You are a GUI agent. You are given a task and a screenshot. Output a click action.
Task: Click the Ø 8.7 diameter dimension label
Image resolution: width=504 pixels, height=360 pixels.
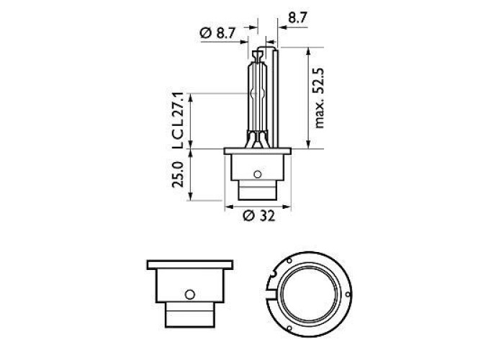218,33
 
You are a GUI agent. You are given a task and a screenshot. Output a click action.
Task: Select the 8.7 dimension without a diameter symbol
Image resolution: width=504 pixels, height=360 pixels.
297,18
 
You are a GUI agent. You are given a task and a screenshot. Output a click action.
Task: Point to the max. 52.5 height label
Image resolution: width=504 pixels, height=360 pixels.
319,98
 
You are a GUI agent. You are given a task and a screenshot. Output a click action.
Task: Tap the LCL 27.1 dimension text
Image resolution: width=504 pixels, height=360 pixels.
178,120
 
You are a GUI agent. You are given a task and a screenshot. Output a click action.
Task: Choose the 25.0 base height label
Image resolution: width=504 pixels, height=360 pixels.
178,174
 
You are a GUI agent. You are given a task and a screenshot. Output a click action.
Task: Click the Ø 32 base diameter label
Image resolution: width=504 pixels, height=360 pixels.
259,216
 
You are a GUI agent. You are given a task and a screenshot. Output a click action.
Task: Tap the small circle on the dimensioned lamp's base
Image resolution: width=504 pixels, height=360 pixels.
257,174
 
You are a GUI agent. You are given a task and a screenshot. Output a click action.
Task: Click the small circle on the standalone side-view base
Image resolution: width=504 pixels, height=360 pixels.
190,294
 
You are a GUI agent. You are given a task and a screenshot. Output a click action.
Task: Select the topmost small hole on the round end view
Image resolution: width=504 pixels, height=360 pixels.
289,261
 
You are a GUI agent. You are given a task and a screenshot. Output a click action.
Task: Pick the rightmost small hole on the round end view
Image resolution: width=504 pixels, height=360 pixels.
347,294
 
